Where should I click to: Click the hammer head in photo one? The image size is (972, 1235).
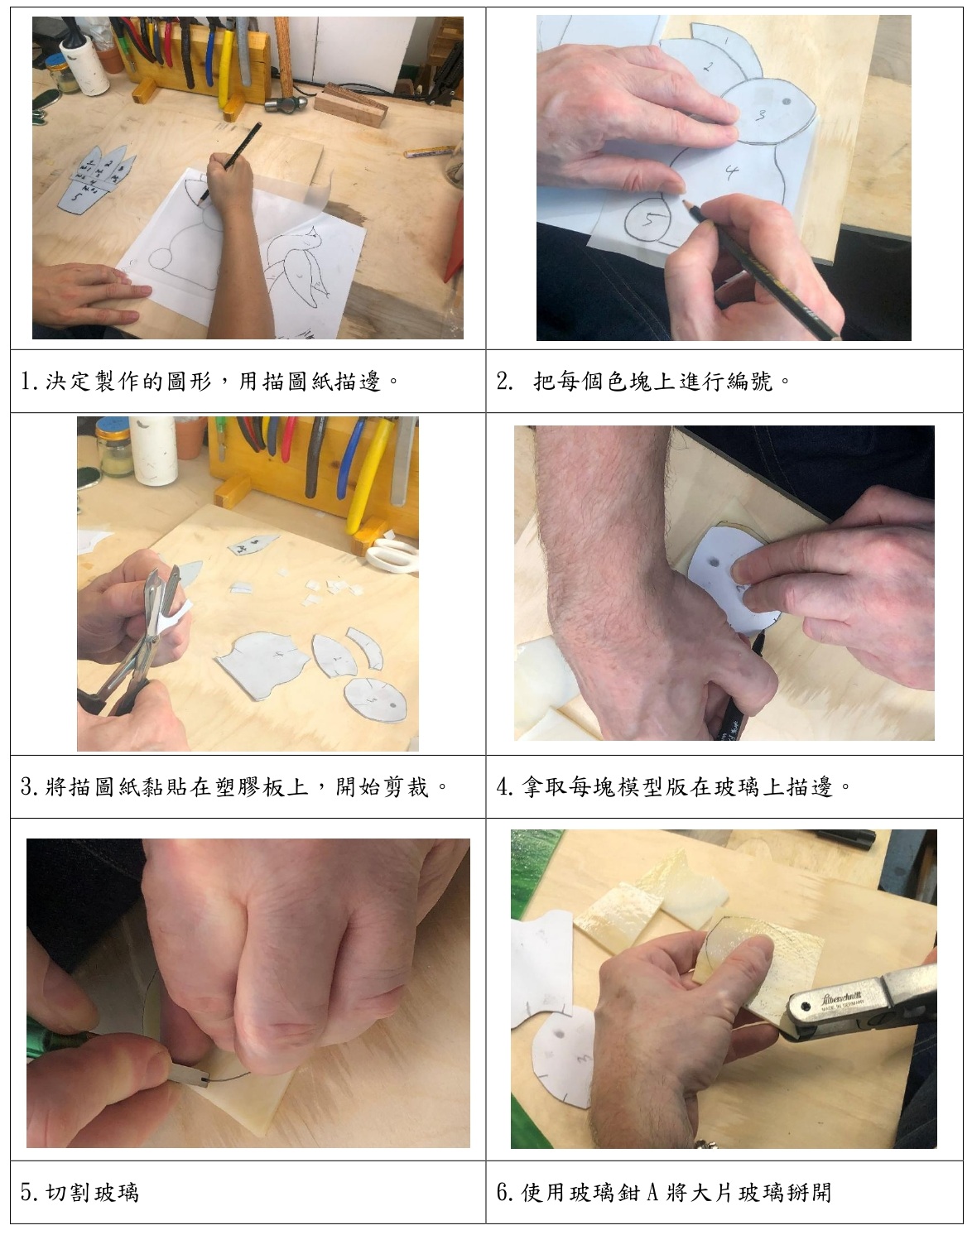(286, 103)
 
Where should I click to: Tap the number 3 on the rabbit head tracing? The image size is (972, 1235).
(760, 115)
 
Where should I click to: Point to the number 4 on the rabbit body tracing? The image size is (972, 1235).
(731, 171)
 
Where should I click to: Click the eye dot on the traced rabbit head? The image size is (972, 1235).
(787, 102)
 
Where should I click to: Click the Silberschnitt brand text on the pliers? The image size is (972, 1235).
(841, 998)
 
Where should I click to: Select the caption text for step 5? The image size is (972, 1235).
(79, 1193)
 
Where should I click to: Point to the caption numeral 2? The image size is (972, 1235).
(504, 382)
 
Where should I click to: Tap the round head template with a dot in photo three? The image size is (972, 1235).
(376, 699)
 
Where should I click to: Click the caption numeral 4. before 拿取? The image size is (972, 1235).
(505, 787)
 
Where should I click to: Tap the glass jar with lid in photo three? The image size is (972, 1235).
(114, 448)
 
